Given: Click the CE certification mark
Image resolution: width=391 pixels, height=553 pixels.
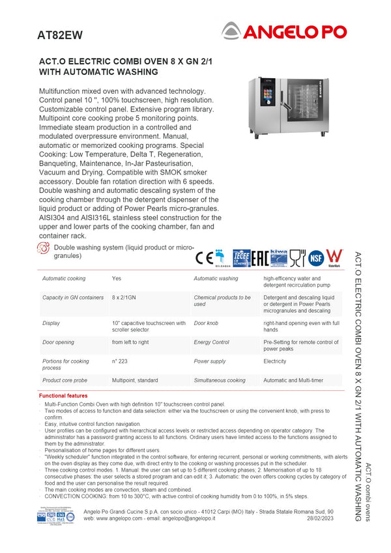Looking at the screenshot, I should pyautogui.click(x=204, y=257).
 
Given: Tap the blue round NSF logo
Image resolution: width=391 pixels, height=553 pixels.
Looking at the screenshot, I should pyautogui.click(x=317, y=257).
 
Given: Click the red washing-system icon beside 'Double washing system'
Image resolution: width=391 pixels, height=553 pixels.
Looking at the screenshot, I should pyautogui.click(x=44, y=248).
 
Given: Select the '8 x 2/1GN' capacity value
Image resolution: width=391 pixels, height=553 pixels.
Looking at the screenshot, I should pyautogui.click(x=124, y=298).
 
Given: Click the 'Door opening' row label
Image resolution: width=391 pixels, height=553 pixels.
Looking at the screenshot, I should pyautogui.click(x=58, y=342).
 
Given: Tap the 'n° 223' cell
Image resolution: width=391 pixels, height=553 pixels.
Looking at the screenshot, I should pyautogui.click(x=119, y=361).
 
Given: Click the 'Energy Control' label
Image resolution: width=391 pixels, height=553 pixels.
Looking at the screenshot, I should pyautogui.click(x=211, y=342).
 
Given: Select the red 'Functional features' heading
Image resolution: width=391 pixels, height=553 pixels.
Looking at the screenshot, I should pyautogui.click(x=63, y=395).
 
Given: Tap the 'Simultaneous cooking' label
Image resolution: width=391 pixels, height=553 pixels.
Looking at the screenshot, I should pyautogui.click(x=220, y=380).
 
